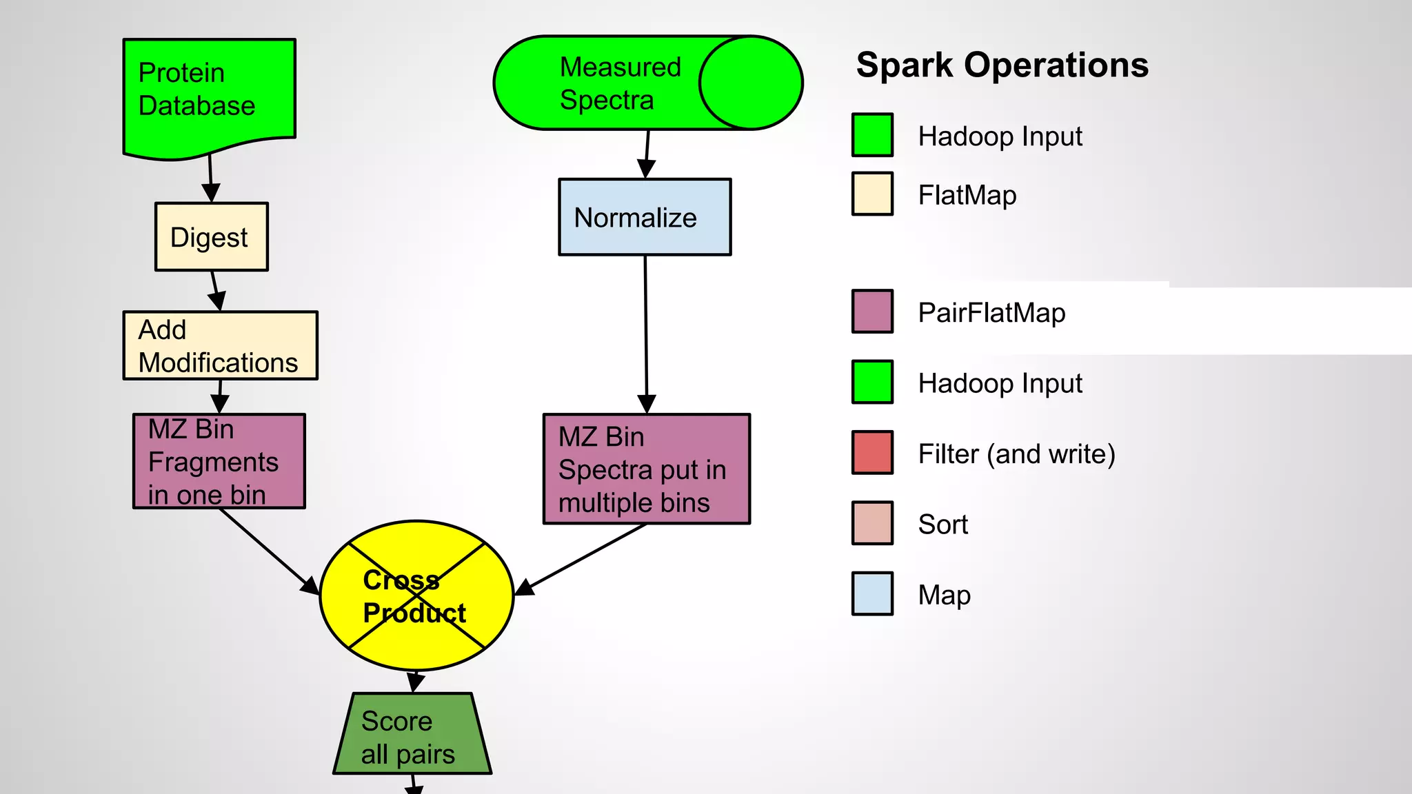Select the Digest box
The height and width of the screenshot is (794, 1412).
pyautogui.click(x=211, y=236)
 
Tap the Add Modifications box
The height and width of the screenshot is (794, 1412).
pyautogui.click(x=220, y=345)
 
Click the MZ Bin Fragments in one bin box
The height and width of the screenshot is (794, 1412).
pyautogui.click(x=219, y=461)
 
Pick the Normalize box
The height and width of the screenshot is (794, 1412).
pyautogui.click(x=644, y=217)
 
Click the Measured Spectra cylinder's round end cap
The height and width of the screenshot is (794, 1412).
pyautogui.click(x=751, y=83)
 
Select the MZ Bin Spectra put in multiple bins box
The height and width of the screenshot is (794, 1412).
pyautogui.click(x=646, y=469)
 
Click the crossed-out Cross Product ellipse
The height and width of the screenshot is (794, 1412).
pyautogui.click(x=416, y=595)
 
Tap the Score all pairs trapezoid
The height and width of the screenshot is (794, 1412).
pyautogui.click(x=412, y=735)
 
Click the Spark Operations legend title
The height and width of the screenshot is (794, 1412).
pyautogui.click(x=1002, y=65)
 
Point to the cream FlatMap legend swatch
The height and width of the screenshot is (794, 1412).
pyautogui.click(x=872, y=194)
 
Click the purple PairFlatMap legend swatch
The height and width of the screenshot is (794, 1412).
pyautogui.click(x=872, y=312)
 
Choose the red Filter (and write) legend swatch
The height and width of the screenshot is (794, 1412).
pyautogui.click(x=872, y=453)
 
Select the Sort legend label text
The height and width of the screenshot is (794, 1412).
pyautogui.click(x=942, y=525)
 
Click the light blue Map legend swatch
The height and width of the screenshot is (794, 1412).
pyautogui.click(x=872, y=593)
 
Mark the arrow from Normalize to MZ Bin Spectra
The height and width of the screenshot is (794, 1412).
pyautogui.click(x=646, y=331)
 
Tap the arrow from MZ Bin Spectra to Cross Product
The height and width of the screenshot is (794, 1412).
pyautogui.click(x=586, y=557)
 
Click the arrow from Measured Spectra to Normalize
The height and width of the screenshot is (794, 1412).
pyautogui.click(x=647, y=153)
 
